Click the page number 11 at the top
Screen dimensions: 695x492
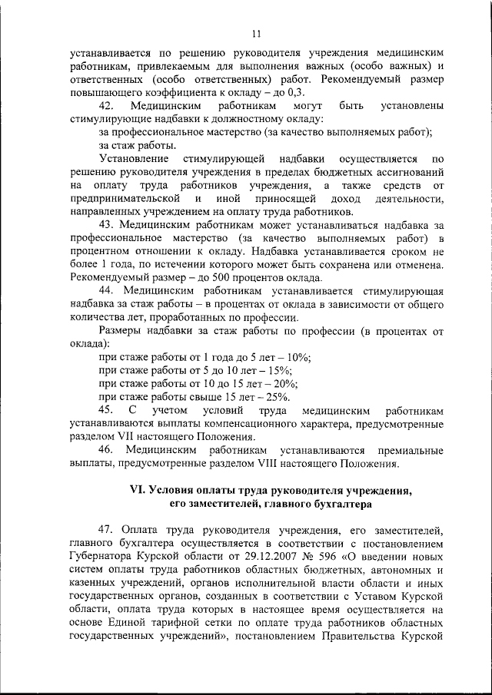[256, 33]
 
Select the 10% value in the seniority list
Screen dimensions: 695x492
[300, 357]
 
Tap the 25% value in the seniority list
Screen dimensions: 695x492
[278, 397]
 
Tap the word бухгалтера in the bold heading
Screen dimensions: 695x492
[343, 505]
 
